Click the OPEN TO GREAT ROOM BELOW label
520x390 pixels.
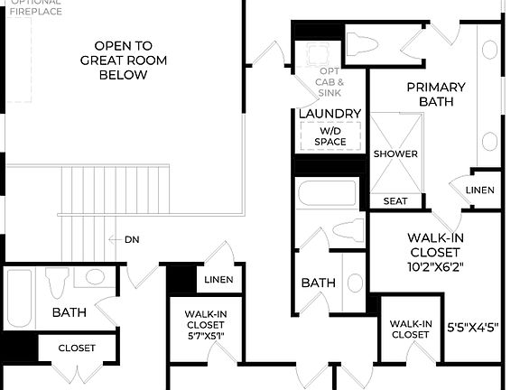123,60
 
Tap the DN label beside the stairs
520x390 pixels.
132,239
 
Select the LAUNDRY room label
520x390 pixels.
330,114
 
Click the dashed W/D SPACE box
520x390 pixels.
330,136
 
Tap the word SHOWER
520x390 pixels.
395,153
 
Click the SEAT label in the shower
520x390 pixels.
395,200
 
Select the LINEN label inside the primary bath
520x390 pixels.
480,190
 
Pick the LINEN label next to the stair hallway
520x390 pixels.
218,280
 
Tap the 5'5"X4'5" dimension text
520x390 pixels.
474,327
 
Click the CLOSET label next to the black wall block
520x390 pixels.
77,348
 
